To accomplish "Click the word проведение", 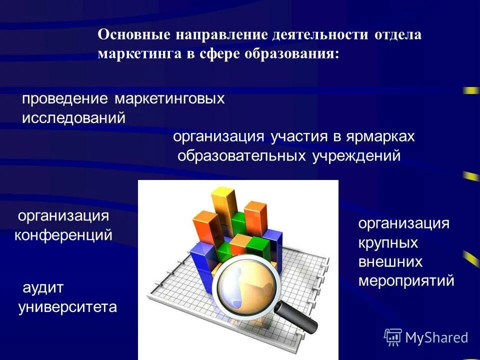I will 65,98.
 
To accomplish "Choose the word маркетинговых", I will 170,98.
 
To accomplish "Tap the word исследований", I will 73,118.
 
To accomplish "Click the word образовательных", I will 242,156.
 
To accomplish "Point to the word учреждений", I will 356,156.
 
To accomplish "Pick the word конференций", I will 63,235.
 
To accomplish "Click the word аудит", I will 43,287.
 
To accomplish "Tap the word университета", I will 67,306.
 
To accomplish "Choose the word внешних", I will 390,261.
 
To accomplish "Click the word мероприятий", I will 406,280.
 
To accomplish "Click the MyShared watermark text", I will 436,337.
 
